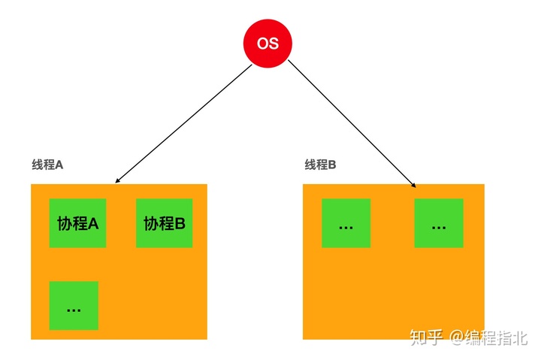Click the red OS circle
point(267,42)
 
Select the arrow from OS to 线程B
point(352,123)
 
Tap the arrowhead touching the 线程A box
point(117,180)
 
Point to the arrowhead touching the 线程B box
point(413,183)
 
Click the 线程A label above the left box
point(47,165)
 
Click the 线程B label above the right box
point(320,165)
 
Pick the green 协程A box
point(77,223)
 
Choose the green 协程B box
point(164,223)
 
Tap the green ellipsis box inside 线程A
point(74,305)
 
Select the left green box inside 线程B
point(346,223)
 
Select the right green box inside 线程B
point(439,223)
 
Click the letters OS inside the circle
point(267,43)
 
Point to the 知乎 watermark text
point(426,337)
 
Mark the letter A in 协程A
point(94,223)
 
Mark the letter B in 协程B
point(180,223)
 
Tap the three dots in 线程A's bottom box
point(74,309)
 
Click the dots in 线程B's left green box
point(346,226)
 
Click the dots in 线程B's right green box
point(439,226)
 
